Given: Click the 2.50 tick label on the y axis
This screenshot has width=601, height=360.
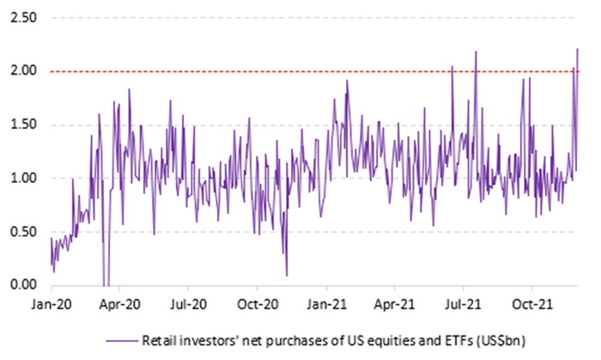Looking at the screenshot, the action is point(23,18).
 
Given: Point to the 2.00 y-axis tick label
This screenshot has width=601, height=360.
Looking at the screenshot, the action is point(23,71).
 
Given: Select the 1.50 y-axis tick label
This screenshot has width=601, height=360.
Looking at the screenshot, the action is point(23,125).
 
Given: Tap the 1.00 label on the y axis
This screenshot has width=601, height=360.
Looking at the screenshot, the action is point(23,178).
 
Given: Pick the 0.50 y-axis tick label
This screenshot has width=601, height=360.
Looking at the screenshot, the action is point(23,232).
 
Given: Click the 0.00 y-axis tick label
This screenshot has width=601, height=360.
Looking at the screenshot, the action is point(23,285).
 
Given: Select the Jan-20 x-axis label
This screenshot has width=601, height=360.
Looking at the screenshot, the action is point(52,304).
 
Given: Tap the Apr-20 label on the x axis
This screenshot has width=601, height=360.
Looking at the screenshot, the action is point(119,304).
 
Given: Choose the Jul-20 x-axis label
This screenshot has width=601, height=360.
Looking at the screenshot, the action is point(188,304).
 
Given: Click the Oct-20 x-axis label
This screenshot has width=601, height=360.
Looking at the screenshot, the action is point(258,304).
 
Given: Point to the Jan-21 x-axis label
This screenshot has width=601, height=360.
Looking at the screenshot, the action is point(326,304).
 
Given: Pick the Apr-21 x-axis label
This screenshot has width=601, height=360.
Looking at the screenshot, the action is point(395,304).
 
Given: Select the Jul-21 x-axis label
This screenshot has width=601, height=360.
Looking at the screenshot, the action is point(464,304).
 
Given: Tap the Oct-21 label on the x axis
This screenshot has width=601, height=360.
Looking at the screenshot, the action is point(533,304).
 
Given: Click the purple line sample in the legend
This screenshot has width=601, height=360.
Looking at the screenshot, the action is point(122,340).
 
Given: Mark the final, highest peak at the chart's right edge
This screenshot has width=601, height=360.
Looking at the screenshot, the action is point(577,49).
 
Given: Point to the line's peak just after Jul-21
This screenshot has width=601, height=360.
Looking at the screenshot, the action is point(476,52).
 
